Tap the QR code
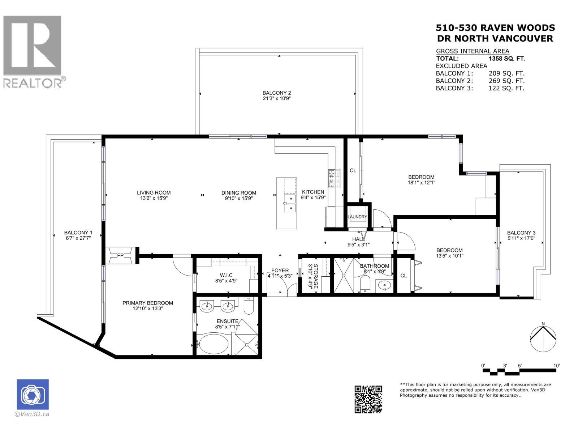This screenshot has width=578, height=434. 368,399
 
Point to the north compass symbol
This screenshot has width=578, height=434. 543,339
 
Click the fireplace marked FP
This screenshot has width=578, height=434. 120,255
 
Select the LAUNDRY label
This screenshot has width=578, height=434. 357,217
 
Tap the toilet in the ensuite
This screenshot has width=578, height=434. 249,306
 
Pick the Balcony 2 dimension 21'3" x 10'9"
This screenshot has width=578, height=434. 277,98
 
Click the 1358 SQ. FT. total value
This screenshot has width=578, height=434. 507,59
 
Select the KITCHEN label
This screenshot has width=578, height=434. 313,192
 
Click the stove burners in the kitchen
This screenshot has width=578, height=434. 334,178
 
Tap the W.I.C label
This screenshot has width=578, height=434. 226,275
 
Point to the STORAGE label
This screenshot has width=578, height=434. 315,276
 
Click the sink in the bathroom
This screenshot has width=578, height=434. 384,286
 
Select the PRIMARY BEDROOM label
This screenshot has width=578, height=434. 147,303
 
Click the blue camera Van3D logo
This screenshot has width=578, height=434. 33,395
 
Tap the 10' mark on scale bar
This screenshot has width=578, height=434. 556,366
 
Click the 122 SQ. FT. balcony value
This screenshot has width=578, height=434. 506,88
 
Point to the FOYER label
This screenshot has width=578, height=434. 280,270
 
